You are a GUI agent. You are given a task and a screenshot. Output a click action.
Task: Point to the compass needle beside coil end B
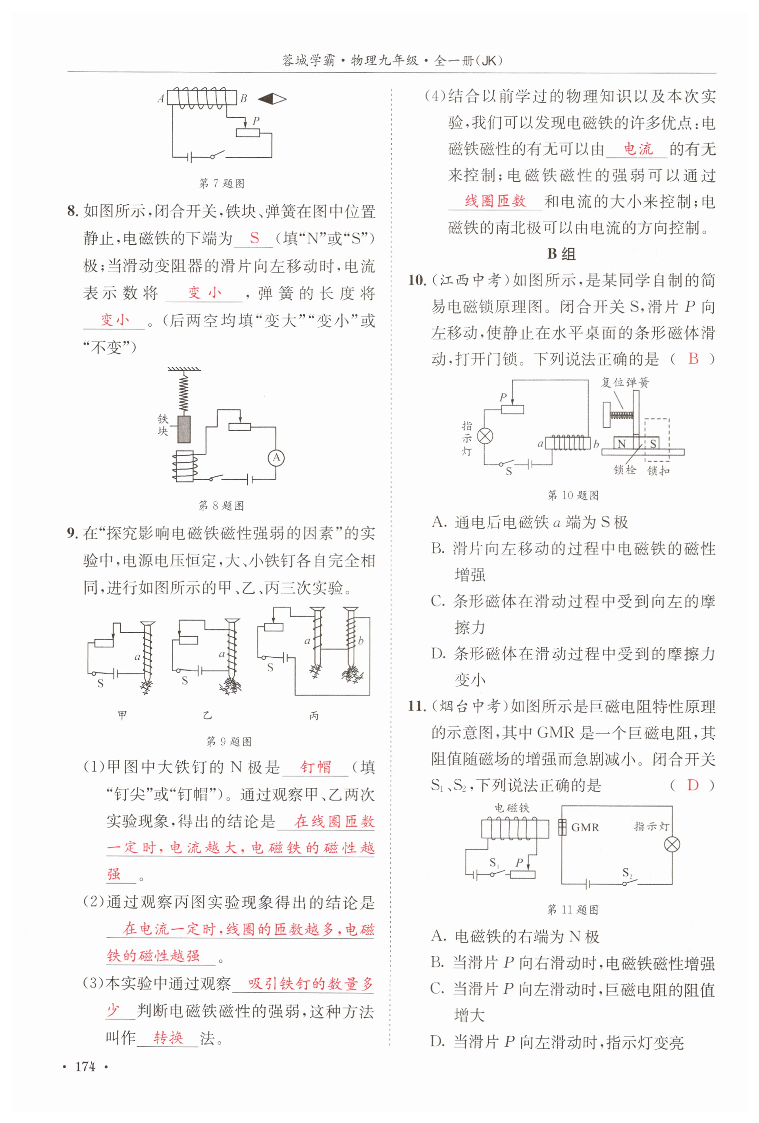pos(272,99)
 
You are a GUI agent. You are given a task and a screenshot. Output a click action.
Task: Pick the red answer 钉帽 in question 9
pos(316,767)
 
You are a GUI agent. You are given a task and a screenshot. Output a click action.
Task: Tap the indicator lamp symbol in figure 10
pos(485,436)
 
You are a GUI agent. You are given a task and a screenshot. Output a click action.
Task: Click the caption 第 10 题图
pos(573,495)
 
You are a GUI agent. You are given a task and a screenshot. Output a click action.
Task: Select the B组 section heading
pos(561,254)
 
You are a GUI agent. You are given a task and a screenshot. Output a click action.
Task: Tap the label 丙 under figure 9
pos(314,716)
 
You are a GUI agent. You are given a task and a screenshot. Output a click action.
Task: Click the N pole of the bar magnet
pos(622,443)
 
